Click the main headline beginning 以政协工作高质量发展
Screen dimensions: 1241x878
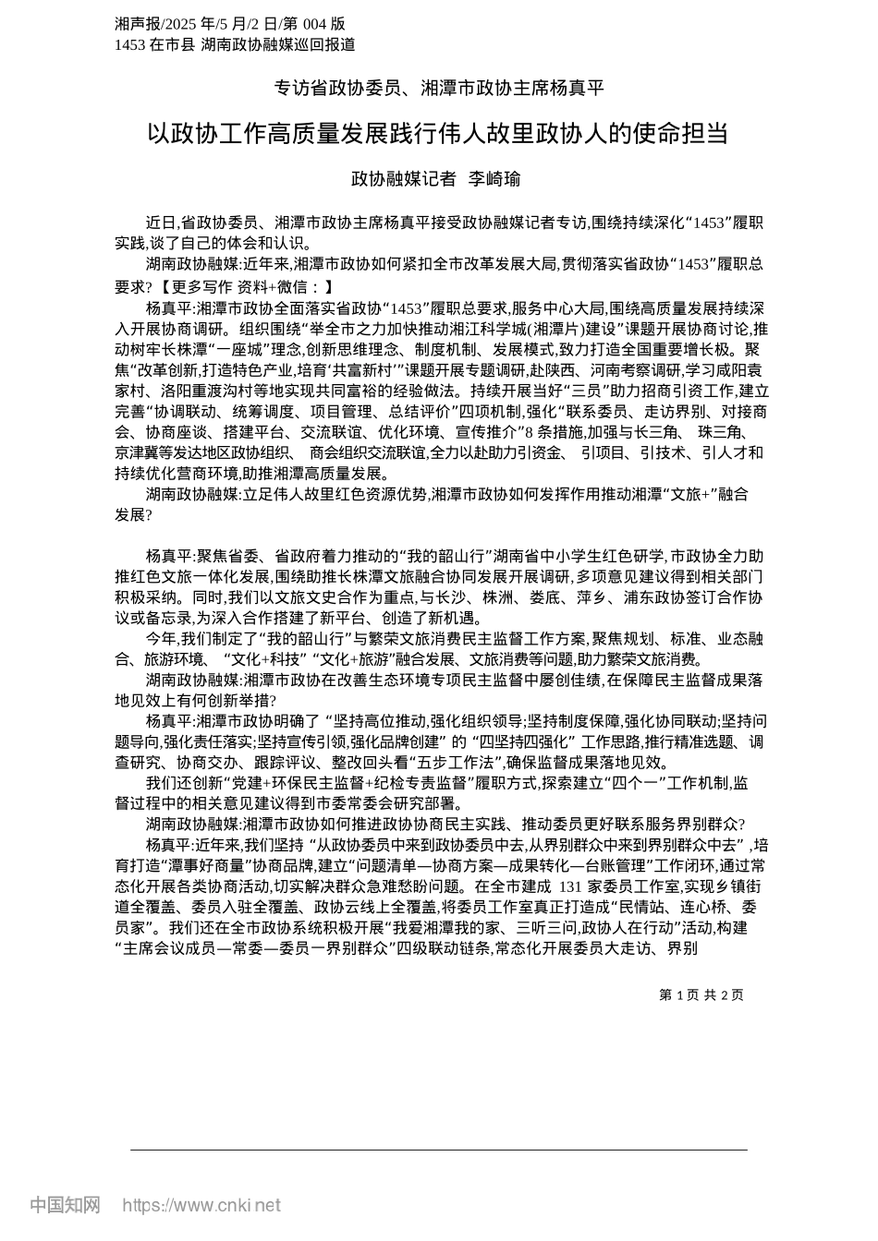pyautogui.click(x=438, y=134)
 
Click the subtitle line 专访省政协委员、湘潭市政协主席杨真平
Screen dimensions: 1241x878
pyautogui.click(x=438, y=89)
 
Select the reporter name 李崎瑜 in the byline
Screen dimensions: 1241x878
pyautogui.click(x=494, y=178)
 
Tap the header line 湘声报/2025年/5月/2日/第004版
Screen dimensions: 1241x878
pyautogui.click(x=230, y=23)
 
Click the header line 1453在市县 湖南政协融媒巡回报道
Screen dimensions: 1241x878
pyautogui.click(x=235, y=44)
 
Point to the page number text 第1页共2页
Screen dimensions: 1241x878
pyautogui.click(x=701, y=994)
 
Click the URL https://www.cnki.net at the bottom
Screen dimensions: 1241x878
pyautogui.click(x=201, y=1205)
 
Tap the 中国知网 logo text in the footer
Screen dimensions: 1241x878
pyautogui.click(x=66, y=1205)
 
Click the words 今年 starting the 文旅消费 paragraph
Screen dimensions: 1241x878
pyautogui.click(x=160, y=638)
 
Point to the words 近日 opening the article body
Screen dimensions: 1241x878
pyautogui.click(x=160, y=223)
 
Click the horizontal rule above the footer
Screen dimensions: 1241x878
pyautogui.click(x=438, y=1151)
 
